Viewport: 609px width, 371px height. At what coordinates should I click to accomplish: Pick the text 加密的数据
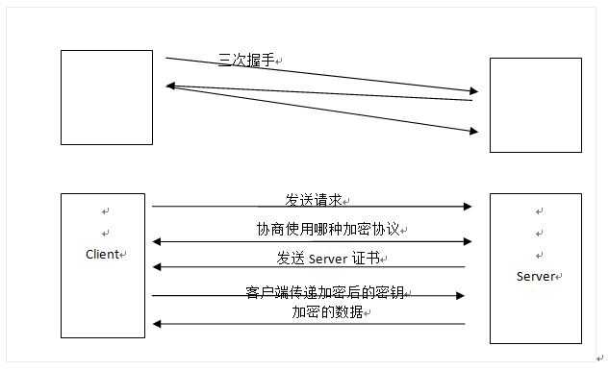[328, 312]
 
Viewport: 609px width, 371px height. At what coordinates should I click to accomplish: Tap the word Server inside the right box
[534, 276]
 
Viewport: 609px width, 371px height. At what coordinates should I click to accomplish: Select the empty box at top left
[107, 97]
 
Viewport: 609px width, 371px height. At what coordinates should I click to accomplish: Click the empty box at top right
[535, 105]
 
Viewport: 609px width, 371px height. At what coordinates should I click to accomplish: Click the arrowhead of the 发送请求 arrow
[468, 207]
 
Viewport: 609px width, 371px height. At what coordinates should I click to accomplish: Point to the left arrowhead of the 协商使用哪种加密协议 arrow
[157, 242]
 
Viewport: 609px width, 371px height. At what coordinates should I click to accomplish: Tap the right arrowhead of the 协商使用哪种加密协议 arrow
[468, 242]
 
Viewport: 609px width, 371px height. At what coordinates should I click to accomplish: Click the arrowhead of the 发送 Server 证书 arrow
[157, 267]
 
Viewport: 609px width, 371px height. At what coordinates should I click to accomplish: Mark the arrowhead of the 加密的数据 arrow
[157, 324]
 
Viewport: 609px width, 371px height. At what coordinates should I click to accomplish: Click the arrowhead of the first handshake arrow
[472, 91]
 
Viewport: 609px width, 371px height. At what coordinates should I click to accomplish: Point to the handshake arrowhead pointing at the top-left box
[170, 87]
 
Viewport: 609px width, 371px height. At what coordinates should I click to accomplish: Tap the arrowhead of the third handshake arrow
[472, 131]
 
